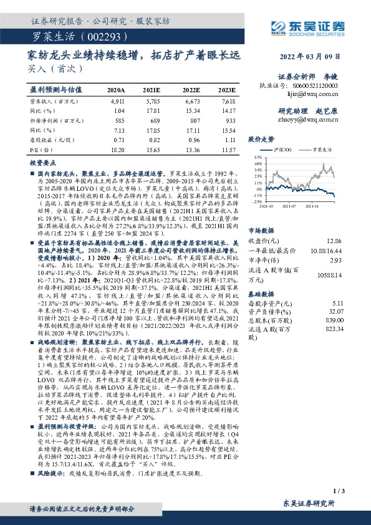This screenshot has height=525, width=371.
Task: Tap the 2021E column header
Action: click(152, 89)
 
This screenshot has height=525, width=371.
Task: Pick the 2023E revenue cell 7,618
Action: click(228, 100)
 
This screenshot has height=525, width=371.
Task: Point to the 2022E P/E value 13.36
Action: click(189, 150)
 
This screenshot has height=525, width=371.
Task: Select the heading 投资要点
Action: click(42, 162)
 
